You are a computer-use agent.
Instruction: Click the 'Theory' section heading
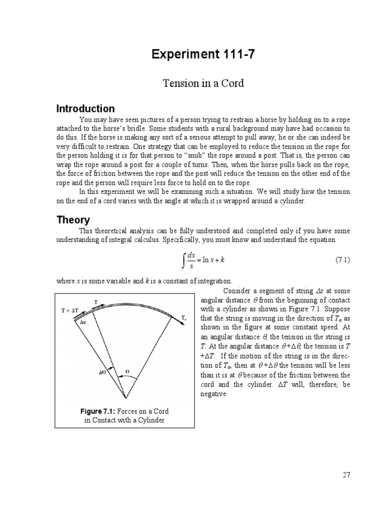(73, 219)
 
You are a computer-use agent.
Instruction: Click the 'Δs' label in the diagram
(83, 322)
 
